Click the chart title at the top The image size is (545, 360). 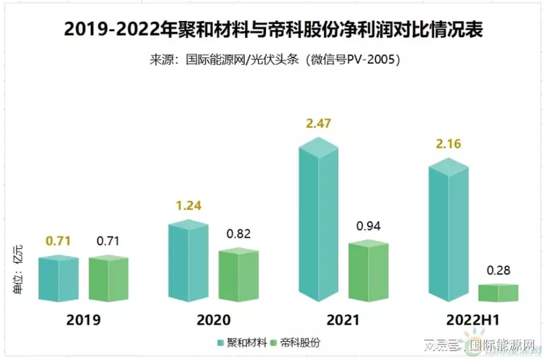click(x=272, y=30)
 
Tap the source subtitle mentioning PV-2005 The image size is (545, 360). click(x=272, y=60)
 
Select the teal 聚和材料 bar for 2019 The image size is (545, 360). click(x=59, y=279)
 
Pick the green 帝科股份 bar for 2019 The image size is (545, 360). click(x=108, y=279)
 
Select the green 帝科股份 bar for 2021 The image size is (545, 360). click(x=368, y=270)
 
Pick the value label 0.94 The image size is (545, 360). click(x=369, y=226)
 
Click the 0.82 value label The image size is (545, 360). click(x=239, y=234)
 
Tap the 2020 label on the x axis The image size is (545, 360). click(x=213, y=320)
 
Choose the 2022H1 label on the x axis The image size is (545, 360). click(x=473, y=320)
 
